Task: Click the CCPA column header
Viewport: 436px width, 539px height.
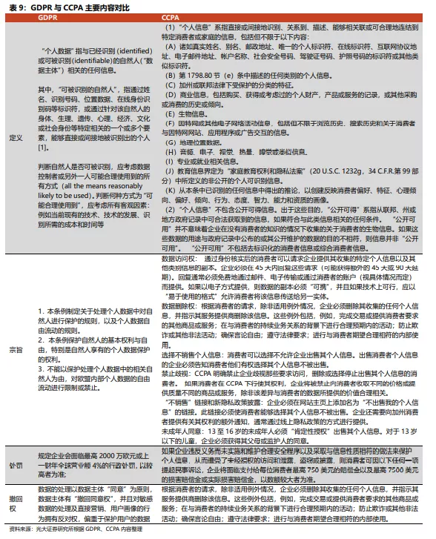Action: coord(171,16)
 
